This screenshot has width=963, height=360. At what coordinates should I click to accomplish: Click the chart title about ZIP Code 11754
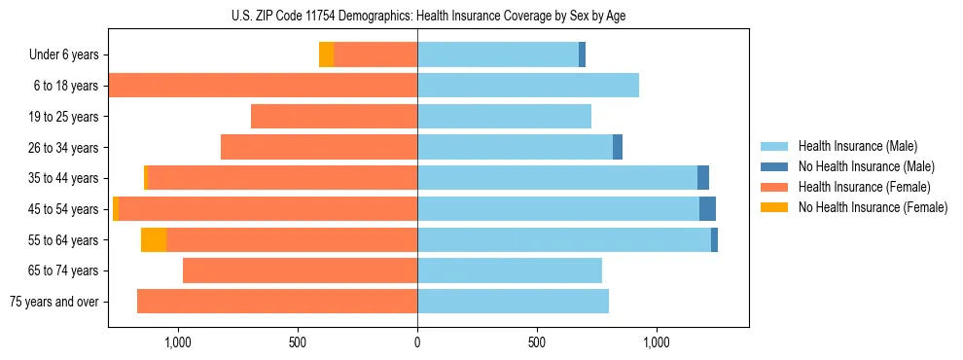[x=428, y=16]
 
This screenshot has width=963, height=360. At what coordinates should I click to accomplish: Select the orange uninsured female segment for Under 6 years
[x=326, y=54]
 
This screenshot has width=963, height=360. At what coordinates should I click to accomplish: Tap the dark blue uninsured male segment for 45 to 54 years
[x=707, y=209]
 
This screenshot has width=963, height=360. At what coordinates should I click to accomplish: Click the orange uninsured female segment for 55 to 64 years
[x=154, y=240]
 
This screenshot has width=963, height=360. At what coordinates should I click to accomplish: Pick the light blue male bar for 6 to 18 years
[x=528, y=86]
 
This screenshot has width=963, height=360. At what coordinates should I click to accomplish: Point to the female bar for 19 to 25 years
[x=334, y=117]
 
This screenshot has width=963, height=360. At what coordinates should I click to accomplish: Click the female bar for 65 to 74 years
[x=300, y=270]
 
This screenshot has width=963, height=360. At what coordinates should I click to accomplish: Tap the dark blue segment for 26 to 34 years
[x=618, y=147]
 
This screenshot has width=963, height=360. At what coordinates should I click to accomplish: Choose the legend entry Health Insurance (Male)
[x=856, y=146]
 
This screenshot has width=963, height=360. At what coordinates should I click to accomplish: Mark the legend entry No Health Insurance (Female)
[x=873, y=207]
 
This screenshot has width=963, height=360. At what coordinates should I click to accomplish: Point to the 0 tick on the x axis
[x=417, y=342]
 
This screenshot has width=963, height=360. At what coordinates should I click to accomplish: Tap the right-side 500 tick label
[x=537, y=342]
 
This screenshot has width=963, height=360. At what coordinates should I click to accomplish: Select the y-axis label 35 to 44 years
[x=63, y=178]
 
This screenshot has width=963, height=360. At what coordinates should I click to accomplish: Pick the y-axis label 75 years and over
[x=54, y=302]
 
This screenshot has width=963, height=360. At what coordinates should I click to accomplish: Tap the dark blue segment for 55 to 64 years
[x=714, y=240]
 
